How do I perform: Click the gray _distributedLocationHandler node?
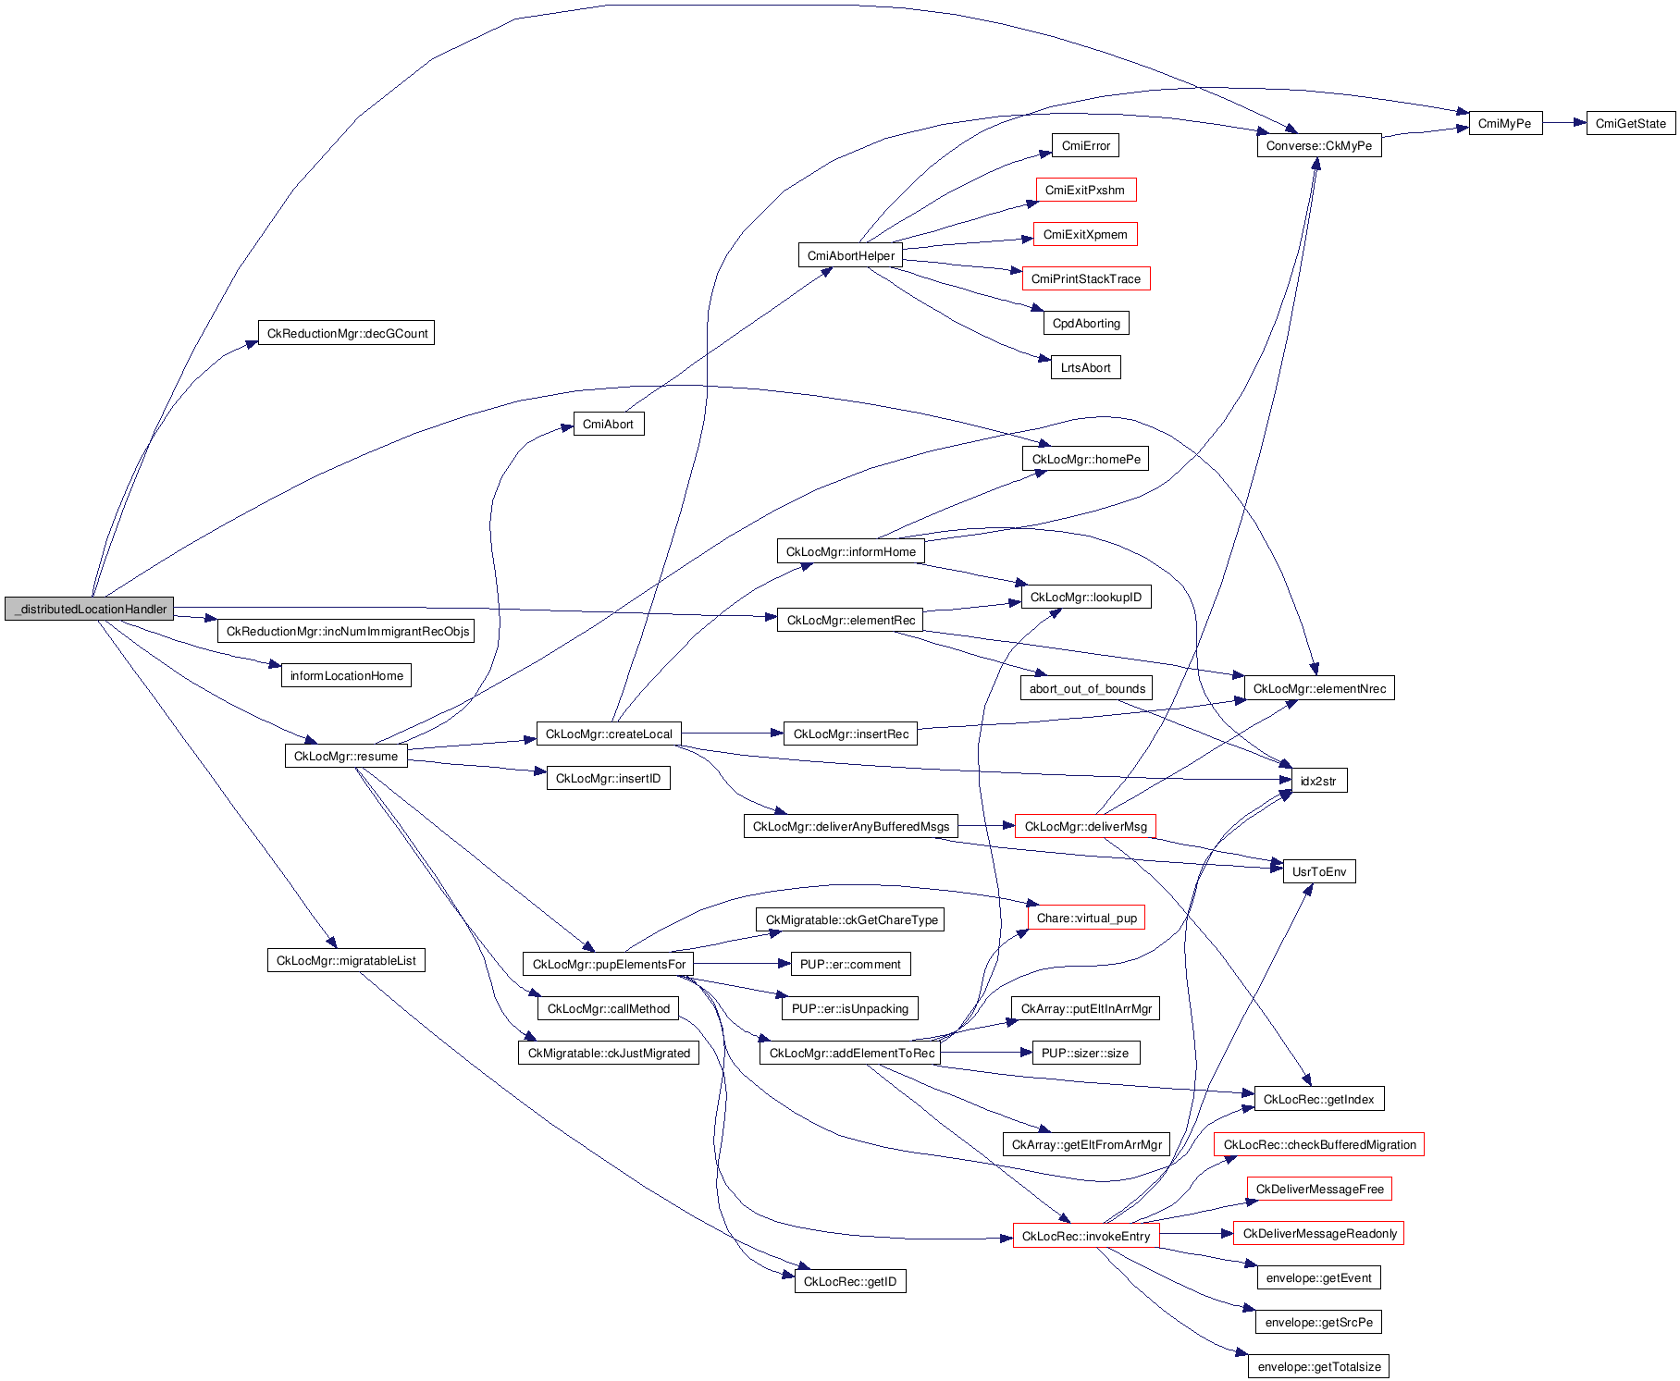click(89, 609)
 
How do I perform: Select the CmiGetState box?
click(1630, 123)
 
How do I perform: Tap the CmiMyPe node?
click(1504, 123)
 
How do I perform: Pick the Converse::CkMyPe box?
click(1318, 145)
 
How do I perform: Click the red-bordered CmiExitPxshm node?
click(1084, 190)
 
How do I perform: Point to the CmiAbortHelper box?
click(850, 255)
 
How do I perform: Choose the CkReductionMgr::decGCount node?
click(346, 333)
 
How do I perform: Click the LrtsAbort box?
click(1085, 367)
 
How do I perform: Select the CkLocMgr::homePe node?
click(1085, 459)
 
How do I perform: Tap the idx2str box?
click(1317, 781)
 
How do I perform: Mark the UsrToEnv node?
click(1318, 871)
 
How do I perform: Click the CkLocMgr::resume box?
click(345, 756)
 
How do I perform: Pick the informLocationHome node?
click(346, 675)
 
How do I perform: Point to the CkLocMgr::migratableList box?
click(345, 960)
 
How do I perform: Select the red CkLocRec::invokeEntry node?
click(1085, 1236)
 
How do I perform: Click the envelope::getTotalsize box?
click(1318, 1366)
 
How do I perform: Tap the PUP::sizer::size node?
click(1084, 1053)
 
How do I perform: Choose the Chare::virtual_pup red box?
click(1086, 918)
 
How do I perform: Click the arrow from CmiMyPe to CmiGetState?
click(1564, 122)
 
